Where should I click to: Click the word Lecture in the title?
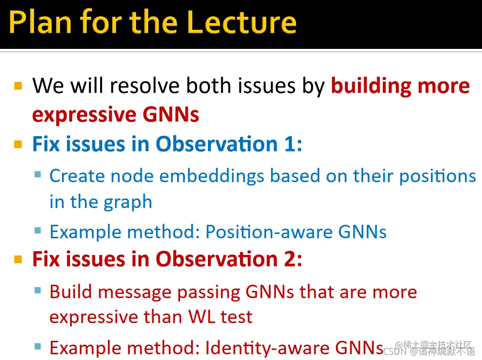coord(241,22)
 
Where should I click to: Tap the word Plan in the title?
coord(40,22)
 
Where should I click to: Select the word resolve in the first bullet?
coord(145,85)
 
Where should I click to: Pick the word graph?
coord(128,203)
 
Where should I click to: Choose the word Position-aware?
coord(269,232)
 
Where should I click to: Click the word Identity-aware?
coord(267,348)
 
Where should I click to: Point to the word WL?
coord(202,316)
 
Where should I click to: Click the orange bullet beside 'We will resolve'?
coord(18,86)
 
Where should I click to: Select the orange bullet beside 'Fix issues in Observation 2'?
coord(18,259)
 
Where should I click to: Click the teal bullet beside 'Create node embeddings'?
coord(38,175)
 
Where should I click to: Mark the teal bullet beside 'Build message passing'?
coord(38,290)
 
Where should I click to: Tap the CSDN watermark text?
coord(429,351)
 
